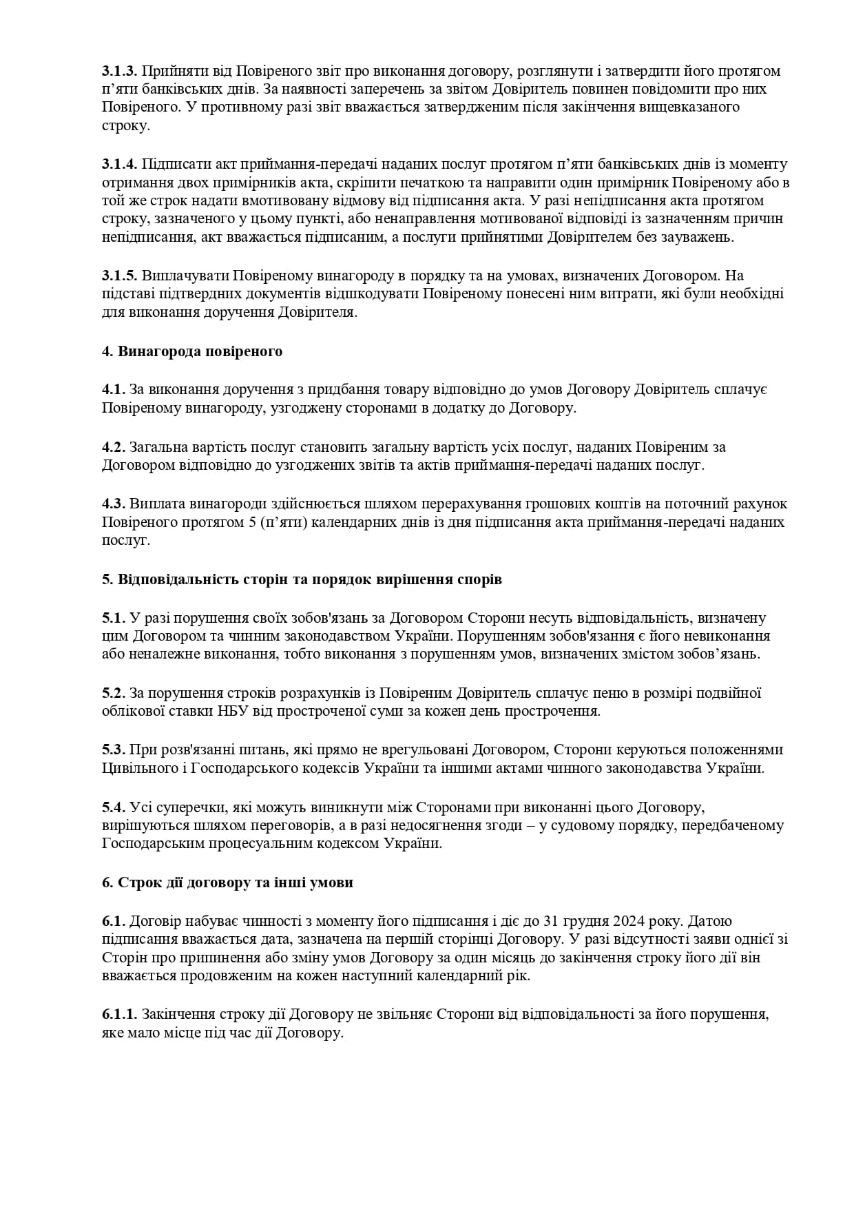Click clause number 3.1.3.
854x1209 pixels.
click(120, 71)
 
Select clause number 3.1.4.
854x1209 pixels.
click(120, 164)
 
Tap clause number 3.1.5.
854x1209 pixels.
click(120, 276)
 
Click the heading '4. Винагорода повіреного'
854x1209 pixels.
click(192, 351)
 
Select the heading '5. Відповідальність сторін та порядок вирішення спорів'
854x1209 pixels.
click(302, 579)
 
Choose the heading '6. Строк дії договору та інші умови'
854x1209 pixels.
click(227, 882)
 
